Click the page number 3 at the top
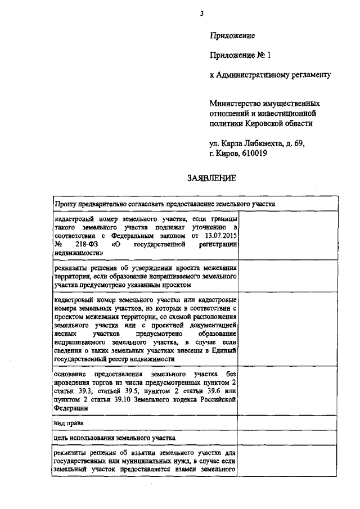tap(201, 13)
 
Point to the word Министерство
tap(234, 103)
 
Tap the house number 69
tap(298, 143)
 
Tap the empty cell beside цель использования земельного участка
tap(288, 437)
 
